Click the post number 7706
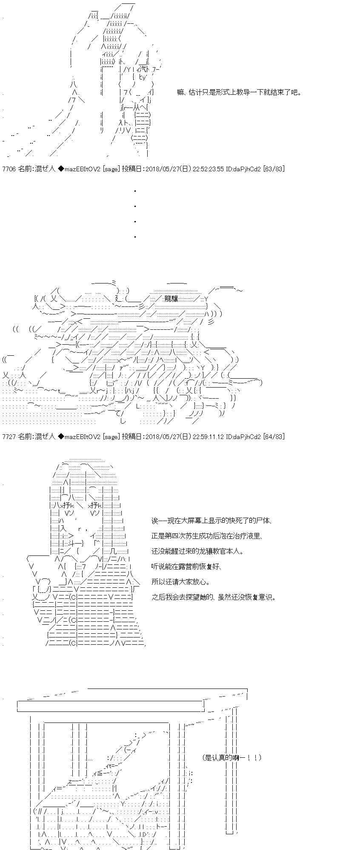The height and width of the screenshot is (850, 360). (x=9, y=169)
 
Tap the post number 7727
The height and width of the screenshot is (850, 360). (x=9, y=436)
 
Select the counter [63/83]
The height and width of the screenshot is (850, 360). (x=274, y=169)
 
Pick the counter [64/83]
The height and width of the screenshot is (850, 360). (x=274, y=436)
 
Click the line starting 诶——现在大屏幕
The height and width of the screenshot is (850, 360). (x=211, y=521)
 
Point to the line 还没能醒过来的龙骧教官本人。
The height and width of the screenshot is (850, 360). (x=198, y=551)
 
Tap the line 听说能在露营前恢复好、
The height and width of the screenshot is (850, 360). (x=187, y=567)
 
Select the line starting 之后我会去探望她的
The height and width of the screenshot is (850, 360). (x=214, y=597)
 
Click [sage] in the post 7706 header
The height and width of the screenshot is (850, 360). (x=111, y=169)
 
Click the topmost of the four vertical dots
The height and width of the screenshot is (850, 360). (x=135, y=191)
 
